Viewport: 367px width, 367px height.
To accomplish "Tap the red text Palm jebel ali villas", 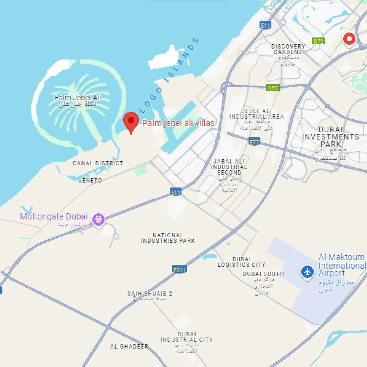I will coord(178,123).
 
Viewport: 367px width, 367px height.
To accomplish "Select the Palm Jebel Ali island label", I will coord(78,98).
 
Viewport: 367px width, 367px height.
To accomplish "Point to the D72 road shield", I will coord(318,41).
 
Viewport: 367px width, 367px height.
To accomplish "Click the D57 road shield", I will coord(273,88).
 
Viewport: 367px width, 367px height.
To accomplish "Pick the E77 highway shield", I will coord(254,142).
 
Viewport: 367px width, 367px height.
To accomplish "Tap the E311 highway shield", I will coord(180,269).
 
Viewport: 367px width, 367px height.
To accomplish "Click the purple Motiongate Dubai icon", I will coord(98,219).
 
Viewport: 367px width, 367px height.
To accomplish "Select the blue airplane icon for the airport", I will coord(307,272).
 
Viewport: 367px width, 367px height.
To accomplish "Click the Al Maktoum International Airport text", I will coord(342,265).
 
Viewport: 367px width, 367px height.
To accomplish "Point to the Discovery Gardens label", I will coord(288,49).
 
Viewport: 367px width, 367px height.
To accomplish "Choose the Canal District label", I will coord(98,163).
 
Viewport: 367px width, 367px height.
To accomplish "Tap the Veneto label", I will coord(90,181).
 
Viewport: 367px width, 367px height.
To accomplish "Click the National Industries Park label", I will coord(168,238).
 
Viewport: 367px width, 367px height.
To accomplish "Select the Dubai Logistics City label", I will coord(242,262).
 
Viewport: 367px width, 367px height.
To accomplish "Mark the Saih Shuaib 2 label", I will coord(149,293).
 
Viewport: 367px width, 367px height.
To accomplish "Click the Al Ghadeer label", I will coord(129,346).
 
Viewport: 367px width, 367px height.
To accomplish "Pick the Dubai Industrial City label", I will coord(187,337).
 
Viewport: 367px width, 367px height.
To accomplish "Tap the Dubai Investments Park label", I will coord(331,137).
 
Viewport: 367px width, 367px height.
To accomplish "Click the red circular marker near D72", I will coord(349,39).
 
